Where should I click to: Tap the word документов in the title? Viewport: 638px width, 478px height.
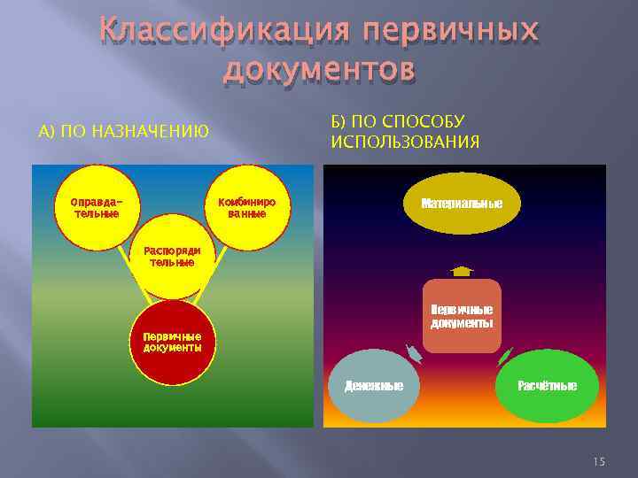tap(319, 69)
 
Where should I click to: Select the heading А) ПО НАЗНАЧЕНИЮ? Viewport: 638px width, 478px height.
tap(124, 132)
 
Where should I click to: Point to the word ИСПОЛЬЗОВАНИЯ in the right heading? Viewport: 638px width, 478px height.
tap(405, 142)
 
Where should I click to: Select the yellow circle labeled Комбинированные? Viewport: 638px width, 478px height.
tap(247, 207)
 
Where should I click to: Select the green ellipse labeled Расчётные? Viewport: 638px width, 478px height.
tap(547, 386)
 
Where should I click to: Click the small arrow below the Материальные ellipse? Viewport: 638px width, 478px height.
tap(462, 271)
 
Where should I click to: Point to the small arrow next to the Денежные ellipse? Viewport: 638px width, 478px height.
tap(413, 355)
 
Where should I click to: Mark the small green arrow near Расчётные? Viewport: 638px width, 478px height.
tap(505, 356)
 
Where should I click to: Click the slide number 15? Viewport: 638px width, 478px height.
tap(598, 461)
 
